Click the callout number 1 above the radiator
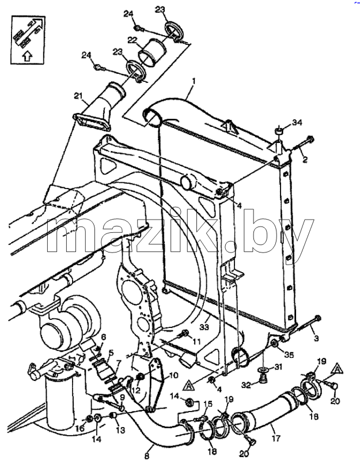click(194, 81)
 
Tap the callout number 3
click(316, 338)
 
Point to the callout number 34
click(297, 122)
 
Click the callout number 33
click(204, 327)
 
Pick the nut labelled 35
click(275, 344)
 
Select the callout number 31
click(278, 367)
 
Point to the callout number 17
click(276, 437)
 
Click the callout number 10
click(173, 375)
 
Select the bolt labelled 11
click(184, 334)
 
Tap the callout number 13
click(120, 430)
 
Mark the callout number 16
click(81, 428)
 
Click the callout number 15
click(208, 403)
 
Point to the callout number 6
click(103, 337)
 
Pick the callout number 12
click(136, 391)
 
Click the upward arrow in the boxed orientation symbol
click(27, 55)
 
